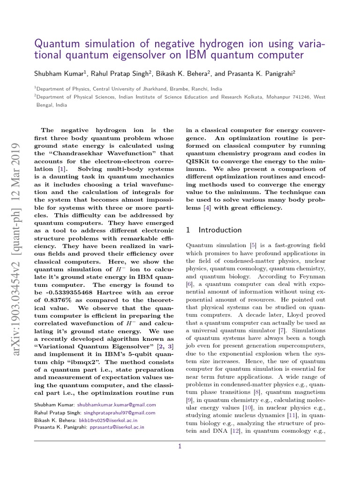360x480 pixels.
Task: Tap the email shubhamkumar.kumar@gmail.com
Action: [117, 405]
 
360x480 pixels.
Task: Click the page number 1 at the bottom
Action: [180, 447]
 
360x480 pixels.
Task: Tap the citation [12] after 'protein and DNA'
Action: [235, 432]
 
